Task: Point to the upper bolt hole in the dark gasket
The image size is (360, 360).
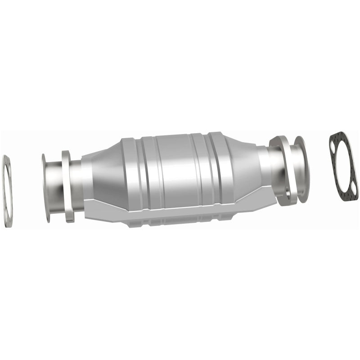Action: [333, 146]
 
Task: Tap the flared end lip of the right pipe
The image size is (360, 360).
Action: [300, 166]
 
